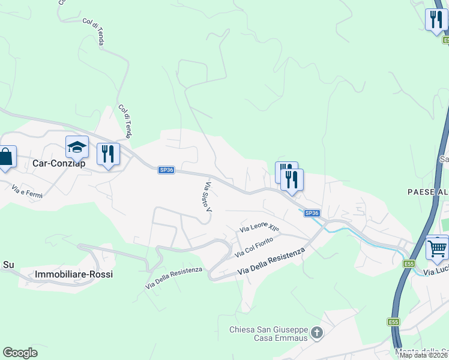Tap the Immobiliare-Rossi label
(74, 274)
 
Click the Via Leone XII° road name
(260, 228)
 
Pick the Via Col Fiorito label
(254, 247)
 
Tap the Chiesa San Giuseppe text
(269, 330)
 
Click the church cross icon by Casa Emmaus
(318, 332)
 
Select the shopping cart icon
(437, 247)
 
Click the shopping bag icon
(5, 157)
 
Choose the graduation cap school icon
(77, 147)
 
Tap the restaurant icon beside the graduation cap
(108, 154)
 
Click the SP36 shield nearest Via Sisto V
(166, 170)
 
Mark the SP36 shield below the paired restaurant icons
(312, 213)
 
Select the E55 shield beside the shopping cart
(409, 264)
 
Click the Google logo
(20, 353)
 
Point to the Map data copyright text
(424, 355)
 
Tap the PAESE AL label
(427, 192)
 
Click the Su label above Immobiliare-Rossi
(8, 264)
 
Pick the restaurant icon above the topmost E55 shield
(436, 19)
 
